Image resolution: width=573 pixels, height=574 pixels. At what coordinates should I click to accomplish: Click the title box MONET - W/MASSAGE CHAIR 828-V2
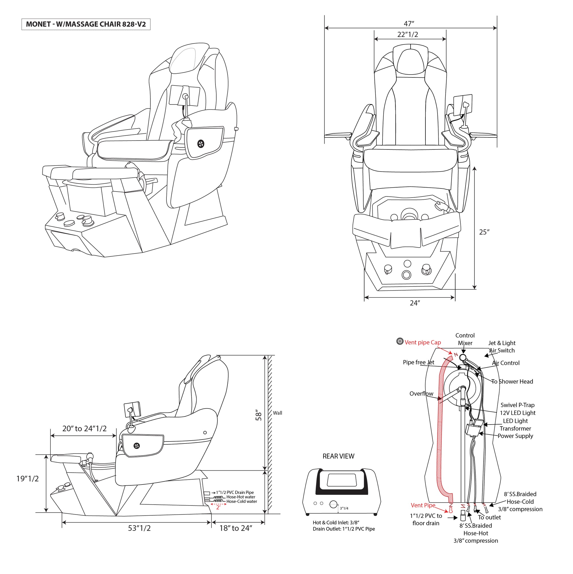tap(86, 24)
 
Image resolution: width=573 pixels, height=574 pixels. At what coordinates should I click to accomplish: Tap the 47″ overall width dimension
tap(409, 24)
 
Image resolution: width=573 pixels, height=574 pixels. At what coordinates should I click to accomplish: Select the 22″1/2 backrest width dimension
tap(407, 34)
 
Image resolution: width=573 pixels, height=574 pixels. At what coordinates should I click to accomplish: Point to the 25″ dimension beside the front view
tap(484, 232)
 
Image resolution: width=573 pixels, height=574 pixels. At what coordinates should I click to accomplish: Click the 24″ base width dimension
tap(415, 303)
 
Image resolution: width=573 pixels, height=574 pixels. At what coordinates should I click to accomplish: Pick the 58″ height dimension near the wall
tap(258, 416)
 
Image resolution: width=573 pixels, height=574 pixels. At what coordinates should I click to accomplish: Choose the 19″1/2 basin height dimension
tap(27, 479)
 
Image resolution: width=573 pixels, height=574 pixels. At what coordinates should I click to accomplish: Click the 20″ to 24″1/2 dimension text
tap(84, 429)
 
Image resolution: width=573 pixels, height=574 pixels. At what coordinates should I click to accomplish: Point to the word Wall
tap(277, 413)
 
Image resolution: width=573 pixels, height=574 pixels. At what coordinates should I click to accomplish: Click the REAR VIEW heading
tap(338, 456)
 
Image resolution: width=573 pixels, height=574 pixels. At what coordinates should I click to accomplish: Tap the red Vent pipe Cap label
tap(423, 343)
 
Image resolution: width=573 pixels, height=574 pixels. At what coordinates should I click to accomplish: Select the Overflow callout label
tap(421, 394)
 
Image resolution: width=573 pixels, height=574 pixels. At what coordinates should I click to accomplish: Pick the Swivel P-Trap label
tap(517, 405)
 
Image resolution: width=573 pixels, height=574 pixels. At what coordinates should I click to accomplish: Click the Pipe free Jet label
tap(418, 363)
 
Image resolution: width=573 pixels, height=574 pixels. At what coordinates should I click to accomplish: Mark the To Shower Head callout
tap(512, 382)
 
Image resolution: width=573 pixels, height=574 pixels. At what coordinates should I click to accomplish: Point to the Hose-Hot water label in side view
tap(241, 497)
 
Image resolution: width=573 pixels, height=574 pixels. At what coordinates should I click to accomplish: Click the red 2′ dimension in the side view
tap(218, 507)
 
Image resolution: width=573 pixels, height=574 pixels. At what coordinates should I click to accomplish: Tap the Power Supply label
tap(515, 436)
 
